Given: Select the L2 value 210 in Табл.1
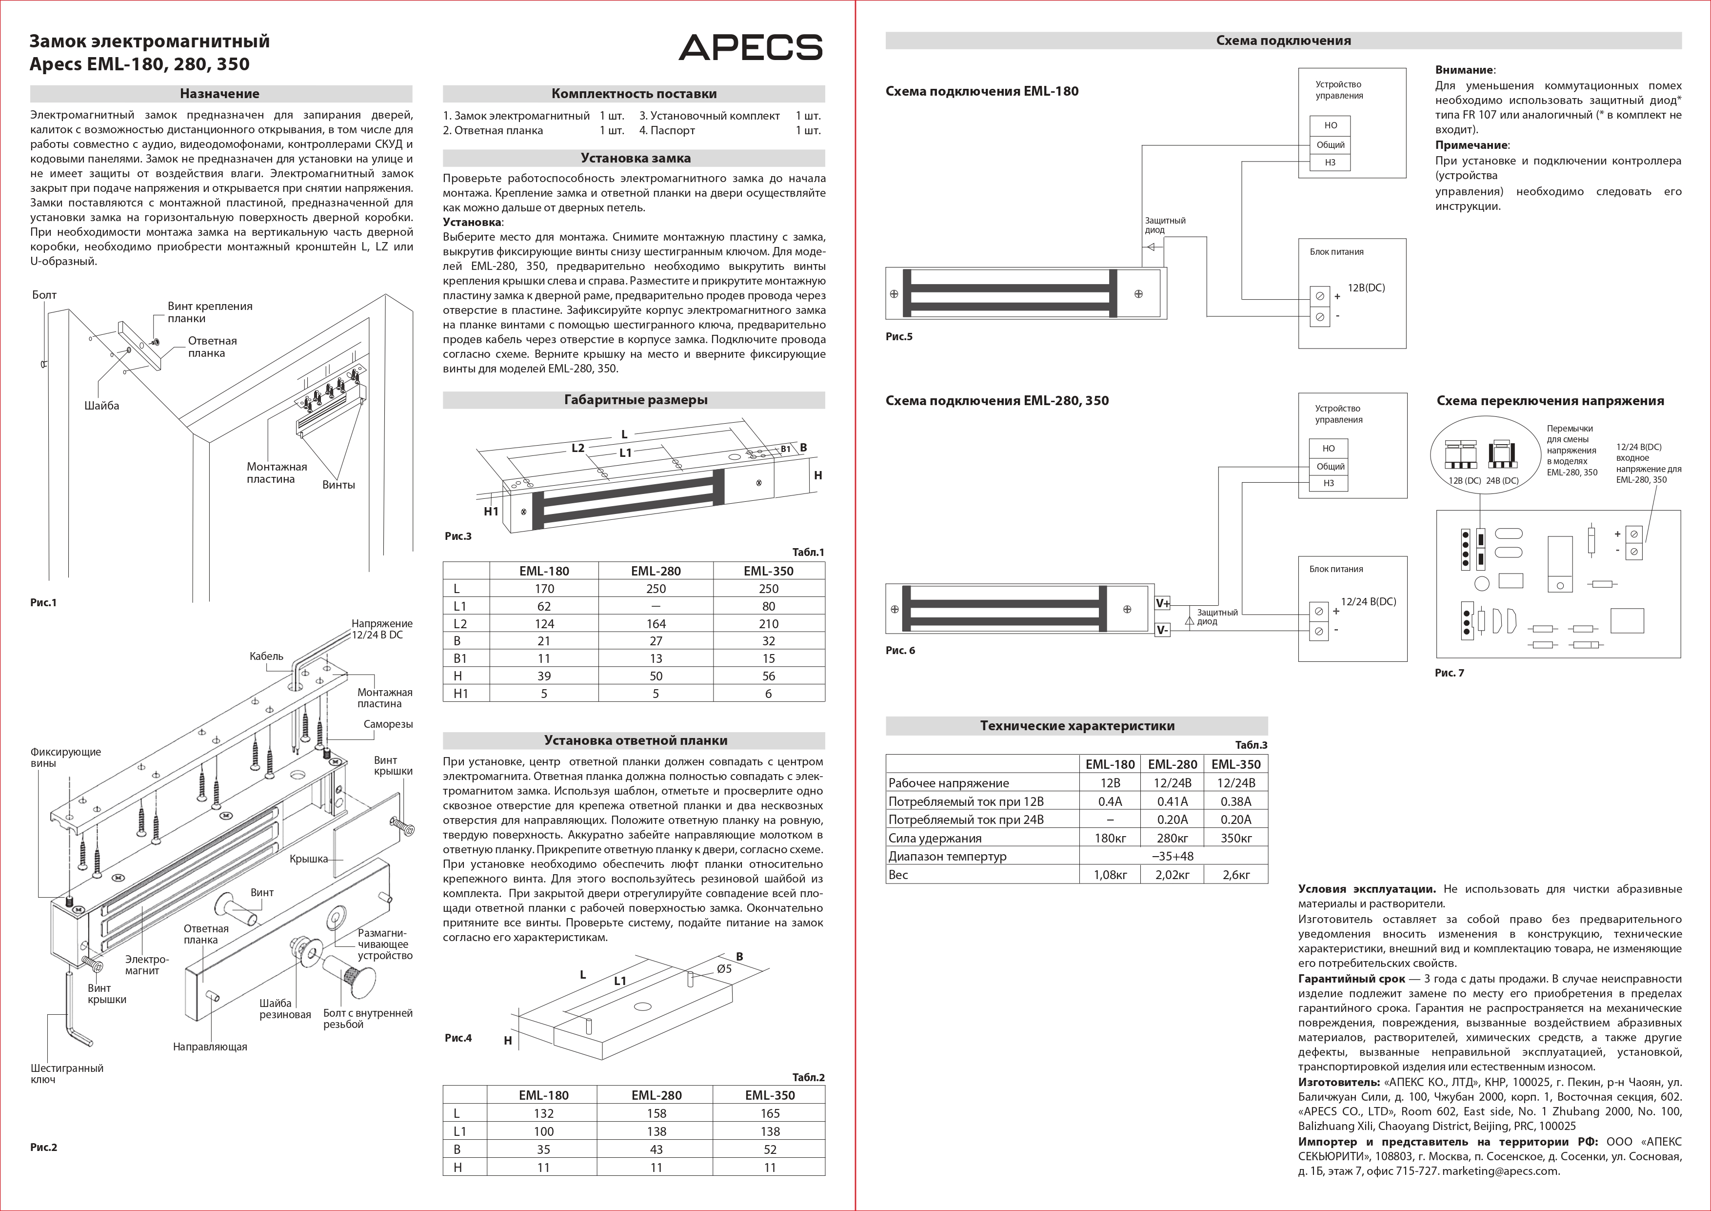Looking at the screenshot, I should pyautogui.click(x=768, y=623).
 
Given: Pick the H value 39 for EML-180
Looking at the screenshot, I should pyautogui.click(x=544, y=676).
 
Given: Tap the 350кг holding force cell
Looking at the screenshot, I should pyautogui.click(x=1235, y=838).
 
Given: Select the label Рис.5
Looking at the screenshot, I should pyautogui.click(x=899, y=336).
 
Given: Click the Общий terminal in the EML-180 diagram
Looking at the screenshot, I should pyautogui.click(x=1330, y=144).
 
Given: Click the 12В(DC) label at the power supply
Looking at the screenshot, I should pyautogui.click(x=1366, y=288).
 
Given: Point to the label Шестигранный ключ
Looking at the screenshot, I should pyautogui.click(x=67, y=1074).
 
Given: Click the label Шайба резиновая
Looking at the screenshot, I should pyautogui.click(x=285, y=1009).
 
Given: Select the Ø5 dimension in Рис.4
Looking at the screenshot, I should pyautogui.click(x=724, y=968).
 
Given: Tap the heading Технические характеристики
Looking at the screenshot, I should pyautogui.click(x=1077, y=725).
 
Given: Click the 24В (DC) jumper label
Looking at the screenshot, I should pyautogui.click(x=1502, y=481).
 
